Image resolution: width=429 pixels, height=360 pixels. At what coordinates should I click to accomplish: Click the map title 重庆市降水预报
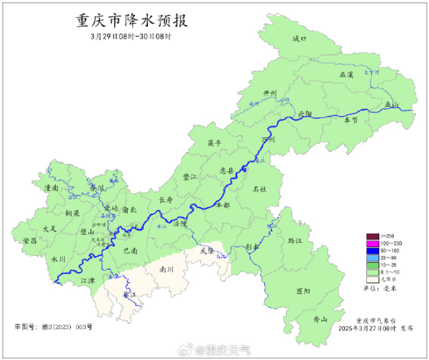(x=132, y=21)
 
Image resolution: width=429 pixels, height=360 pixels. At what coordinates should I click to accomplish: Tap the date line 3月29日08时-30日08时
(x=131, y=36)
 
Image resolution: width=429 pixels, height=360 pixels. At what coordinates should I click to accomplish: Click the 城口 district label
(x=299, y=39)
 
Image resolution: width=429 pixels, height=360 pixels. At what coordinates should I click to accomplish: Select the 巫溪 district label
(x=347, y=75)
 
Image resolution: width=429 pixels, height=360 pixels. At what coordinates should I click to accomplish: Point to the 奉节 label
(x=351, y=120)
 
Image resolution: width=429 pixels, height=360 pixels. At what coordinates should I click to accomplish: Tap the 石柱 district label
(x=260, y=188)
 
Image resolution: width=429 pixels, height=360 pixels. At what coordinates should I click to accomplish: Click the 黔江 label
(x=295, y=241)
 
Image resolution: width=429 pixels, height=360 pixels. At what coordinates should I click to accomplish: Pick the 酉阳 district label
(x=303, y=291)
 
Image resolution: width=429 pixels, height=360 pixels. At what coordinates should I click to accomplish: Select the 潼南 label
(x=51, y=187)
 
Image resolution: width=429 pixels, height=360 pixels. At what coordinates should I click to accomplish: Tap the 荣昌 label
(x=30, y=241)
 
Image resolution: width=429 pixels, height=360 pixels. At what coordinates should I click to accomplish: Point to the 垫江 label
(x=189, y=178)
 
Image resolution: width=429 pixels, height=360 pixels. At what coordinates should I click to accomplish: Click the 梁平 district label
(x=213, y=144)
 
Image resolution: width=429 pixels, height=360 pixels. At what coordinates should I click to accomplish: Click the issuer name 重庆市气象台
(x=374, y=321)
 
